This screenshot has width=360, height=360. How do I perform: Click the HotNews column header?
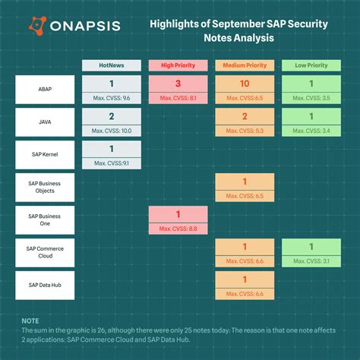(x=112, y=65)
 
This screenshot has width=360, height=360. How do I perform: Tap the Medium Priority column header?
(x=244, y=65)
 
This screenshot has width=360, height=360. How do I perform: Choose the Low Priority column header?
(x=311, y=65)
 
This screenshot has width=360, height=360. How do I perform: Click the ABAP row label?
(x=45, y=90)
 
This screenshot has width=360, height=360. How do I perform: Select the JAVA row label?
(x=45, y=122)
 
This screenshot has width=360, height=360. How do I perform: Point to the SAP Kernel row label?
(x=45, y=155)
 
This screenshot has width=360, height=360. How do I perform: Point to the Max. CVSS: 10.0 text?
(x=112, y=131)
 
